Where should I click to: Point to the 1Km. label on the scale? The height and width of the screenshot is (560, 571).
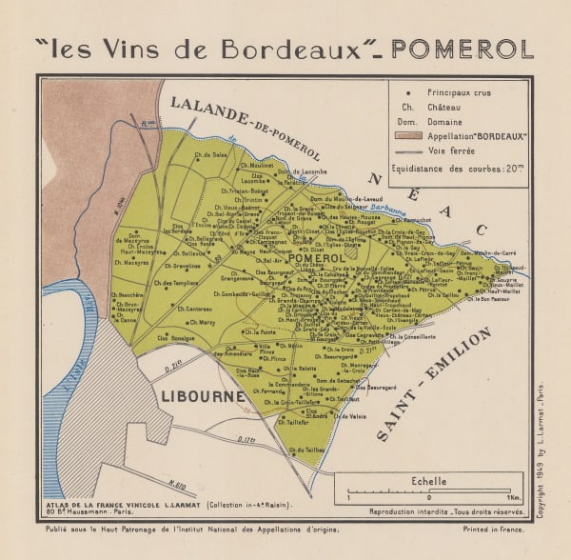point(512,498)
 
